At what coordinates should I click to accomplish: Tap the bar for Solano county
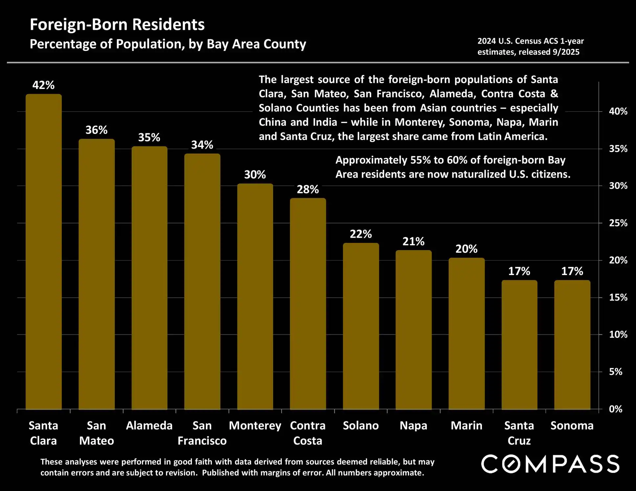click(x=361, y=326)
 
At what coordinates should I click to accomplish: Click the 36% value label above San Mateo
click(x=96, y=130)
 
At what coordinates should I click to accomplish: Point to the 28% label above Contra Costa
click(x=308, y=189)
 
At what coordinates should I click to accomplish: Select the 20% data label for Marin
click(x=466, y=249)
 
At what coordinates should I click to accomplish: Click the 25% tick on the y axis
click(x=618, y=223)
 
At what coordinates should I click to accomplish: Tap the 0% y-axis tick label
click(x=616, y=409)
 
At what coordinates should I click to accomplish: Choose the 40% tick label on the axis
click(x=618, y=111)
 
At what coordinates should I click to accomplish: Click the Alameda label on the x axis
click(x=149, y=426)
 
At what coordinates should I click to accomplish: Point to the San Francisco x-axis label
click(x=202, y=433)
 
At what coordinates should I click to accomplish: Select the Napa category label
click(x=413, y=426)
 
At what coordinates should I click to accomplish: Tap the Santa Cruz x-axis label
click(x=519, y=433)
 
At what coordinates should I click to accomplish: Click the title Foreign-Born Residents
click(x=117, y=24)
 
